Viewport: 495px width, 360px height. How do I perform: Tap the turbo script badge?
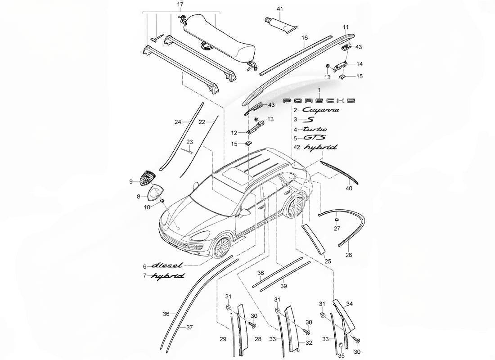[x=311, y=129]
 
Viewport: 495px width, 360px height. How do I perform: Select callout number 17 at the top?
[x=180, y=5]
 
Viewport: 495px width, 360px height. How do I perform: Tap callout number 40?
[x=349, y=189]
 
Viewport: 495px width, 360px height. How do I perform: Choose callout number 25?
[x=328, y=261]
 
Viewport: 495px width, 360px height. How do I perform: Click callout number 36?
[x=166, y=314]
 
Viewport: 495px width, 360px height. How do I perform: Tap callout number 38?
[x=261, y=273]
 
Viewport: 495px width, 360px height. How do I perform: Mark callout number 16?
[x=305, y=38]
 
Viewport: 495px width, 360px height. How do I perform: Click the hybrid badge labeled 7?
[x=167, y=276]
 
